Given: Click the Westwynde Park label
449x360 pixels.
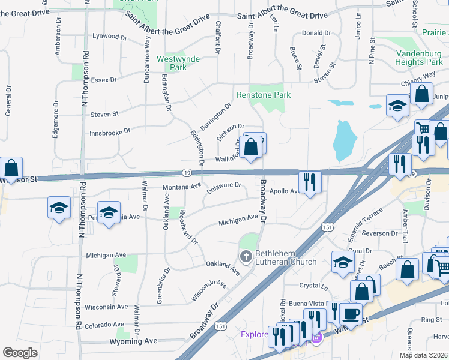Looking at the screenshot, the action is click(x=178, y=63).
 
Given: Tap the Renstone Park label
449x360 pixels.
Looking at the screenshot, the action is click(x=264, y=95).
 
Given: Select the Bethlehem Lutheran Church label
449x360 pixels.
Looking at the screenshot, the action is click(x=286, y=257).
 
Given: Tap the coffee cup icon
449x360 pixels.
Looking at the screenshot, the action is click(x=350, y=313).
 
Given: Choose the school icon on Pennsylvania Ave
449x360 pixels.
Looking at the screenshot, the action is click(x=109, y=214).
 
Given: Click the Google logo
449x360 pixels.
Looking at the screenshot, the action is click(x=20, y=352).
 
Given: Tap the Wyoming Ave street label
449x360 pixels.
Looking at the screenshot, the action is click(x=133, y=341).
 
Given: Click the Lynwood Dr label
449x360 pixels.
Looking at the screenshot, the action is click(x=110, y=37).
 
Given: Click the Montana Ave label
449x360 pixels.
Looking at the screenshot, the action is click(x=182, y=187).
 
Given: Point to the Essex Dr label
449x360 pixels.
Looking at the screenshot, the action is click(x=104, y=79).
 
